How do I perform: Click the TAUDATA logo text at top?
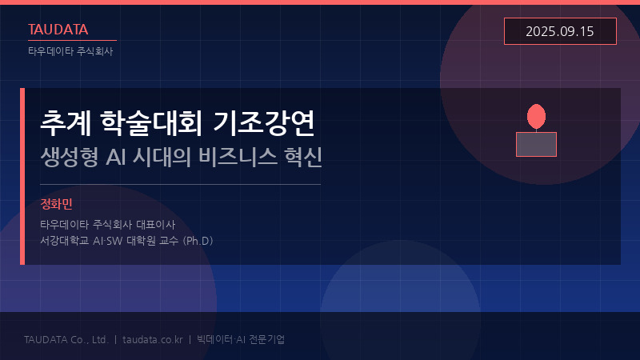pyautogui.click(x=58, y=30)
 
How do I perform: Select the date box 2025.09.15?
pyautogui.click(x=560, y=31)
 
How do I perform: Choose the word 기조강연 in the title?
pyautogui.click(x=265, y=123)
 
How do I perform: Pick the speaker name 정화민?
pyautogui.click(x=56, y=205)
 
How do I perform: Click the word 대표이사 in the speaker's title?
pyautogui.click(x=156, y=225)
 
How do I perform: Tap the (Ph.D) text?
pyautogui.click(x=198, y=240)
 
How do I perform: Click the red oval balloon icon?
pyautogui.click(x=536, y=117)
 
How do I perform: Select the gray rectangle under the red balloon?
pyautogui.click(x=536, y=144)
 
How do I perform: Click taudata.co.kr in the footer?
pyautogui.click(x=151, y=339)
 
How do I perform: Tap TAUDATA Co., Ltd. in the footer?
pyautogui.click(x=66, y=339)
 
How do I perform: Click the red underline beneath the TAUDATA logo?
pyautogui.click(x=72, y=40)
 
